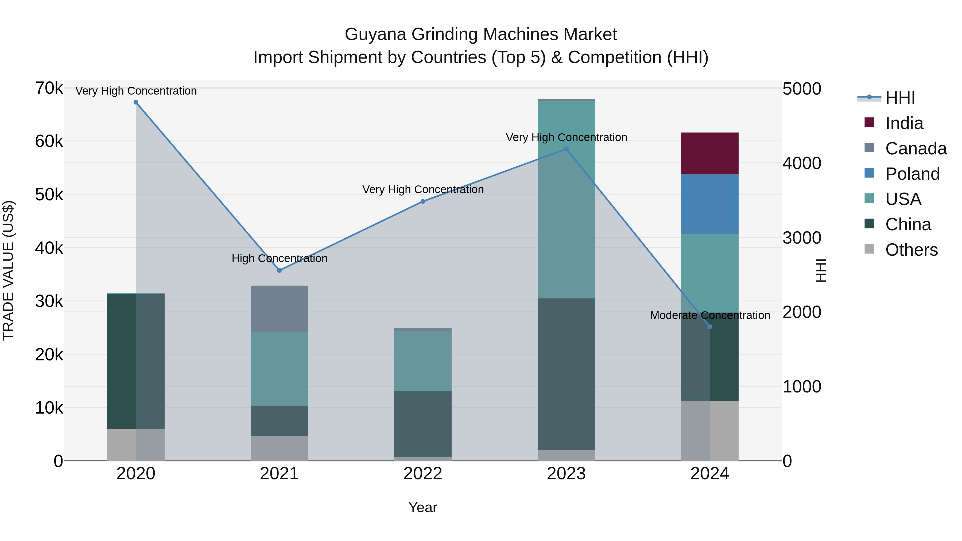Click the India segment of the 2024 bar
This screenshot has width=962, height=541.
[x=709, y=153]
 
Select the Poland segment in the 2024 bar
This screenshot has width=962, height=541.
[x=709, y=204]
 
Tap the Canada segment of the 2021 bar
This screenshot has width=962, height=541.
[x=279, y=309]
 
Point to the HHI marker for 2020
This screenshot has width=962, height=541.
[x=136, y=102]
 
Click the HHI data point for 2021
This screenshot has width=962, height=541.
[x=279, y=270]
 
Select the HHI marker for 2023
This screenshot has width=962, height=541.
[x=566, y=149]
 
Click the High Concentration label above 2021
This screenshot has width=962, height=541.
[x=279, y=258]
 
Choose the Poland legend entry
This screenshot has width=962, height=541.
[x=912, y=174]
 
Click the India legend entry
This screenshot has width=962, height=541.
[x=904, y=123]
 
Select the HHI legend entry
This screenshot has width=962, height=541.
[x=900, y=98]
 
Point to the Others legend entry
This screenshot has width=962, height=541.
[x=911, y=250]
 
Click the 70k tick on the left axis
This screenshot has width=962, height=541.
[x=49, y=88]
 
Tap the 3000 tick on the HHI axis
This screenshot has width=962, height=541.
[x=802, y=238]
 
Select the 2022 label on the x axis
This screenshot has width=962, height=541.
[x=423, y=474]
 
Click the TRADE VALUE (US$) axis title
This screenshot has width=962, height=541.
[x=9, y=270]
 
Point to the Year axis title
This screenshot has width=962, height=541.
[x=423, y=507]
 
